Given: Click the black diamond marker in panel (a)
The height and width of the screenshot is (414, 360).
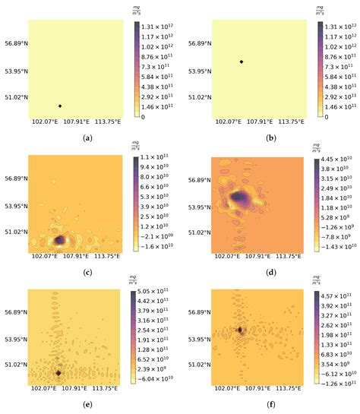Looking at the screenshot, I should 59,106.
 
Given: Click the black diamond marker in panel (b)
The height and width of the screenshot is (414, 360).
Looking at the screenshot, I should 242,62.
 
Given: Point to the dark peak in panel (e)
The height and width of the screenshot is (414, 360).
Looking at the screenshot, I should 58,352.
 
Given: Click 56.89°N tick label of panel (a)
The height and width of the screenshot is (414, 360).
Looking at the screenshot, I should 14,44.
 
